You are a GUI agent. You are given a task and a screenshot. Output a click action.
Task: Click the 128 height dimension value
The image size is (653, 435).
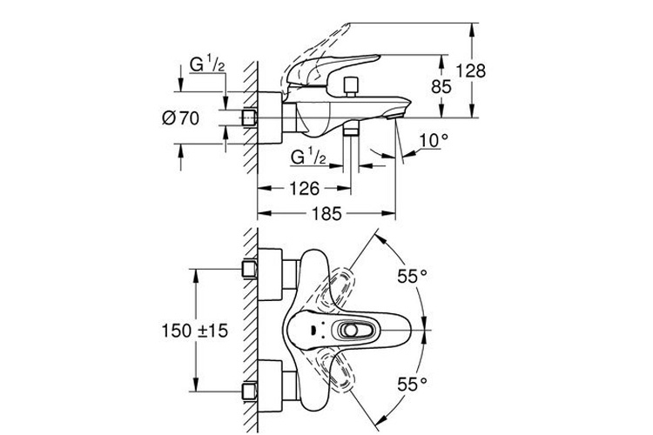(470, 70)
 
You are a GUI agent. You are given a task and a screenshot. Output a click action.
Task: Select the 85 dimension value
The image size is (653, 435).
(441, 87)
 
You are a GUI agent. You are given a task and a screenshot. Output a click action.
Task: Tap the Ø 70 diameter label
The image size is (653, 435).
(181, 118)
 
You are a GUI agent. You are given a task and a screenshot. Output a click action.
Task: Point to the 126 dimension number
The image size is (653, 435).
(305, 189)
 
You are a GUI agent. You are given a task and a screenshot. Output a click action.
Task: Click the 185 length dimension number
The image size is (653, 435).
(326, 214)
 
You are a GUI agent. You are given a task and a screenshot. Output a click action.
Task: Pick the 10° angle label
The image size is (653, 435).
(434, 141)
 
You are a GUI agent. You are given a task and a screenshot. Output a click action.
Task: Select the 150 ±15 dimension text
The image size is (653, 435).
(195, 331)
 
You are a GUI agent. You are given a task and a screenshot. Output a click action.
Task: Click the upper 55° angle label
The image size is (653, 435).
(413, 276)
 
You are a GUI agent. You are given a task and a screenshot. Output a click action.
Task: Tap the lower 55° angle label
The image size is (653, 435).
(413, 384)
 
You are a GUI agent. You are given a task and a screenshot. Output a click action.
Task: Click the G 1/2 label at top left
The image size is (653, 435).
(207, 65)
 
